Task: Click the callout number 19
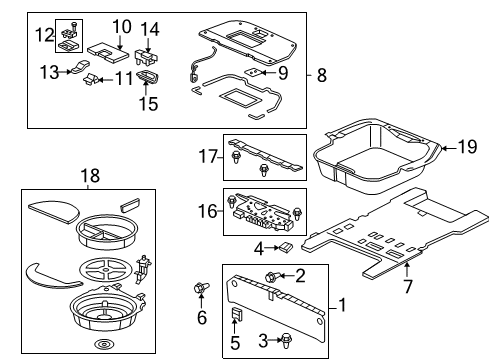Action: pos(467,147)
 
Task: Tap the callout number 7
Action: pos(408,286)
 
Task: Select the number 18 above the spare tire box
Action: pos(90,175)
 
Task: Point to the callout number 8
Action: pos(322,75)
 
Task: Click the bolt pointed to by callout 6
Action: pos(201,288)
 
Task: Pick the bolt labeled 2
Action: pos(271,277)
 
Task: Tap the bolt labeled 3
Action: pos(286,340)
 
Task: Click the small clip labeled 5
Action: pos(236,315)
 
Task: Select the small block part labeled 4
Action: pos(286,248)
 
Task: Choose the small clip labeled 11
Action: pos(90,79)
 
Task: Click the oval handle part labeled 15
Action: pos(147,78)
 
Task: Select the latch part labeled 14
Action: pos(146,57)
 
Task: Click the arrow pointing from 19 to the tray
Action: pos(449,147)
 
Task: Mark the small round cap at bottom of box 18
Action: pos(103,344)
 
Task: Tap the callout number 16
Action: pos(207,211)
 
